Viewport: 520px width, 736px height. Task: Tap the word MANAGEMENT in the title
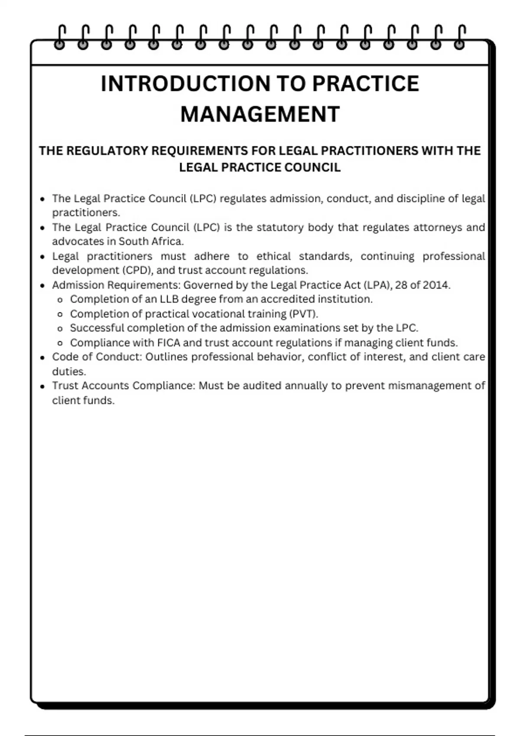[x=260, y=114]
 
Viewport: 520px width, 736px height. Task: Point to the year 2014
[x=436, y=285]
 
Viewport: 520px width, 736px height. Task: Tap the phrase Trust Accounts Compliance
[x=123, y=385]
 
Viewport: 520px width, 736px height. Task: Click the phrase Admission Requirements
[x=116, y=285]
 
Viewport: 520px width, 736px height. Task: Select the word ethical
[x=273, y=256]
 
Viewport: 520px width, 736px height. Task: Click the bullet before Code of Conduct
[x=42, y=358]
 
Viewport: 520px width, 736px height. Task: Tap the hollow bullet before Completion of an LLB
[x=60, y=300]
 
